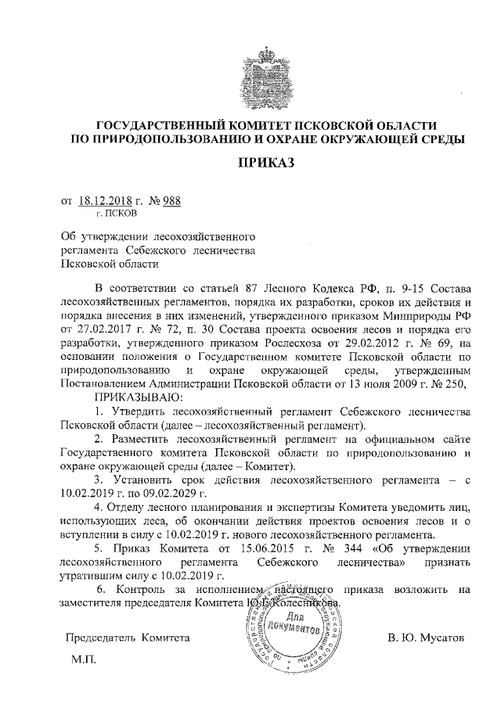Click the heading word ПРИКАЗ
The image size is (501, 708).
point(267,164)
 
